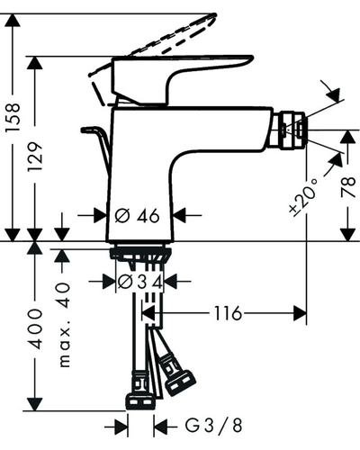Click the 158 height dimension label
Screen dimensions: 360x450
13,117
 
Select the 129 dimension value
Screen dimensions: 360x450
35,157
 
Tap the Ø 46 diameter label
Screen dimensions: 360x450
138,215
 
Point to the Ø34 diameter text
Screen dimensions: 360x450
140,282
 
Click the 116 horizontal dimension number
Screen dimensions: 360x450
228,313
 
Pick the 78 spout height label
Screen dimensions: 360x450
348,187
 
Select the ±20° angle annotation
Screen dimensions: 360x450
303,196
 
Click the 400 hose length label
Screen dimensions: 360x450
35,328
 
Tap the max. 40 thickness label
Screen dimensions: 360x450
64,325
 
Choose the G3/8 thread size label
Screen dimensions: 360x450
213,426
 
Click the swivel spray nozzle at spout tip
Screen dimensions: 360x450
292,130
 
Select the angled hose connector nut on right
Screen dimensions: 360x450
179,375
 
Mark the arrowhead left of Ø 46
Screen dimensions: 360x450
101,215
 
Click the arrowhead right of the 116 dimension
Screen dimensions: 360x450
300,313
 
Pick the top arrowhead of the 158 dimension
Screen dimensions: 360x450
13,20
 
